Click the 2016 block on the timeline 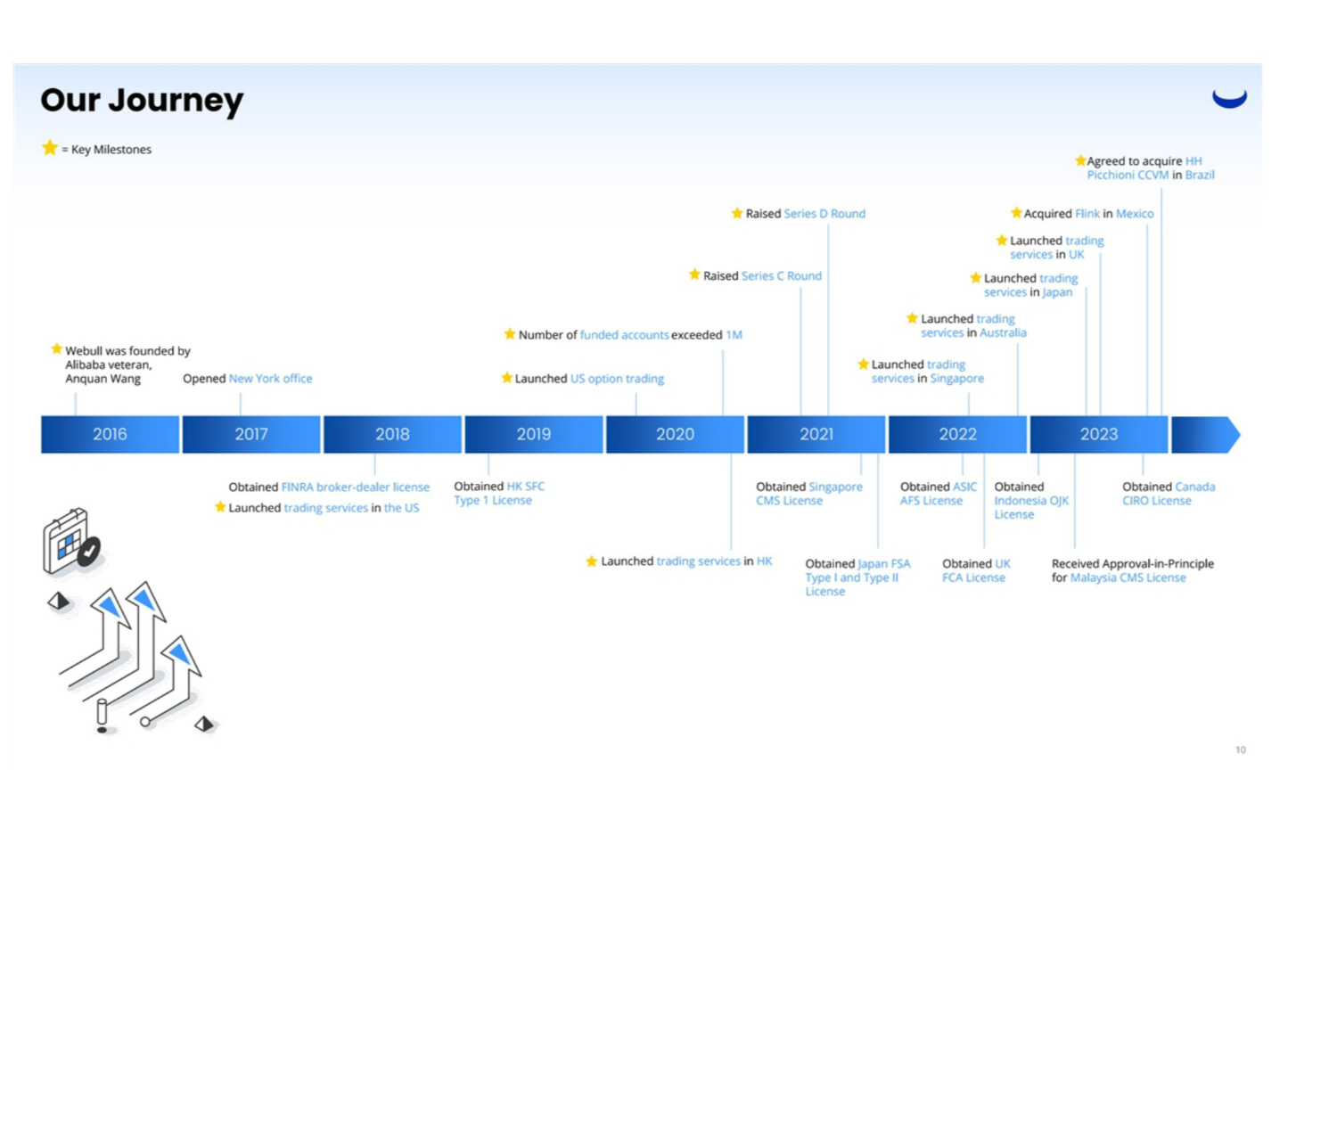point(110,434)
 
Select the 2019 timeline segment point(533,434)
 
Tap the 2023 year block point(1098,434)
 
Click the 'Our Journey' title point(142,100)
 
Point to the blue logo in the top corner point(1229,98)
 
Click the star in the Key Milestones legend point(50,148)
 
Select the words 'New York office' point(270,379)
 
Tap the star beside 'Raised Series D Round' point(737,214)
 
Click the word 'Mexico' point(1135,214)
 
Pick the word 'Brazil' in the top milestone point(1200,175)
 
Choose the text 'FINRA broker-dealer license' point(355,487)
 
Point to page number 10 point(1240,750)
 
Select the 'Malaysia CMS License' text point(1128,577)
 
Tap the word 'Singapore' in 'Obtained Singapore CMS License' point(835,487)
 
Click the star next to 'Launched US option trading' point(507,379)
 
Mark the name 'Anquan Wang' point(103,379)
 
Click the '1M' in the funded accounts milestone point(734,335)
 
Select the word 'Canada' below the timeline point(1194,487)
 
